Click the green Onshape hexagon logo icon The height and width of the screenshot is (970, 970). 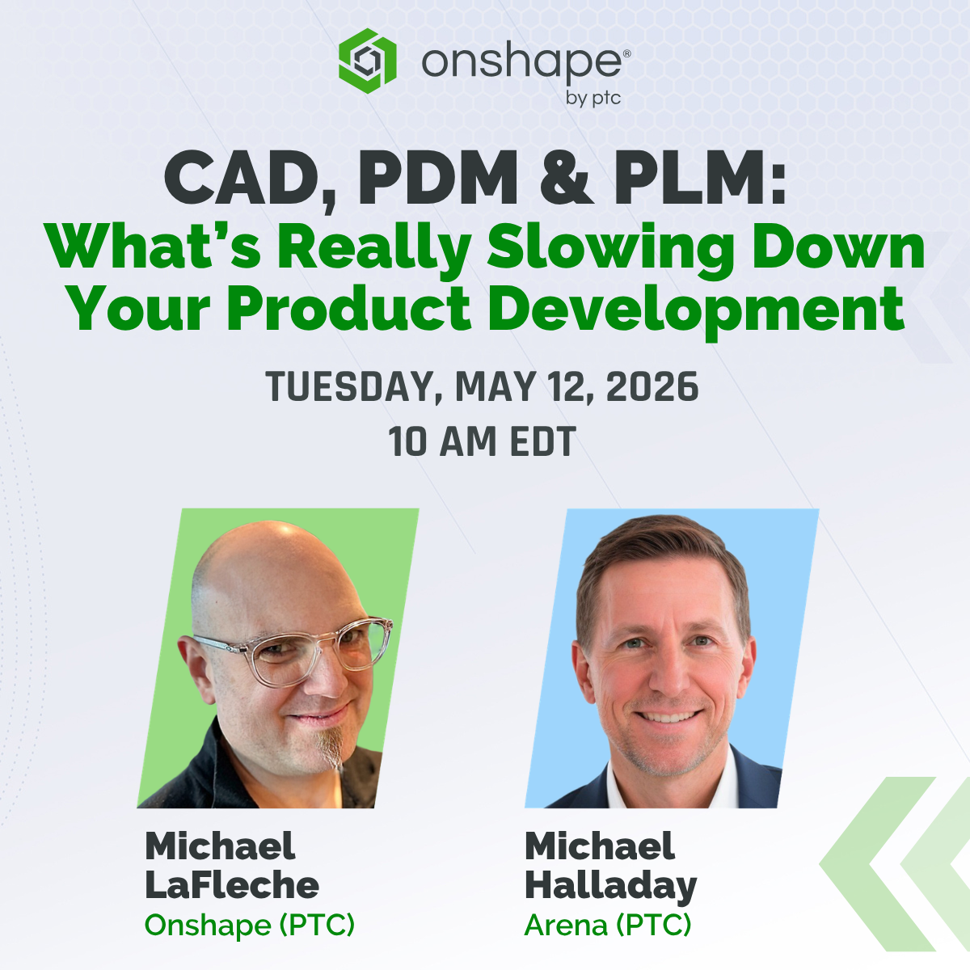(368, 61)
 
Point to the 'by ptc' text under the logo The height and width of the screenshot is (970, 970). (593, 98)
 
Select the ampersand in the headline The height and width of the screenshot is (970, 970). (565, 179)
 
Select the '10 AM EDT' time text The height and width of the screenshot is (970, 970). (483, 441)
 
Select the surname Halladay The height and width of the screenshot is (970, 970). (610, 887)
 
